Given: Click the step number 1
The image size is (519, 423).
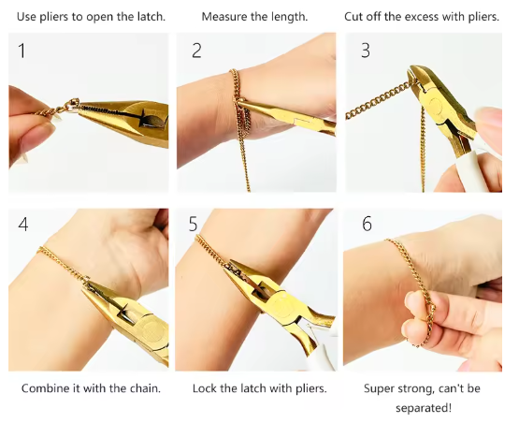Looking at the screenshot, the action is [x=22, y=51].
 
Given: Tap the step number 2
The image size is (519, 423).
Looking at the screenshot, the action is [x=196, y=51].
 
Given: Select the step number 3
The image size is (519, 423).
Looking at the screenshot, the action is [x=366, y=51].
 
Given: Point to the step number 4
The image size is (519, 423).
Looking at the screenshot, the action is [x=23, y=225].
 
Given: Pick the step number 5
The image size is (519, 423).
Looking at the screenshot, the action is [x=193, y=224].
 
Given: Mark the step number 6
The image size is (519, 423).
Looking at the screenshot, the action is [x=367, y=224].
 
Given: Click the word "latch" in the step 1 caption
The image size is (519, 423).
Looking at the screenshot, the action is [x=151, y=17].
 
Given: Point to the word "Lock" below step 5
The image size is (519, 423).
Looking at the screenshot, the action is [x=204, y=388].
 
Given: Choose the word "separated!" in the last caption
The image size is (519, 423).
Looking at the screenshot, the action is [x=424, y=408].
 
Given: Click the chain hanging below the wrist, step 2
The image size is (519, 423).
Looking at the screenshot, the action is [x=244, y=158].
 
